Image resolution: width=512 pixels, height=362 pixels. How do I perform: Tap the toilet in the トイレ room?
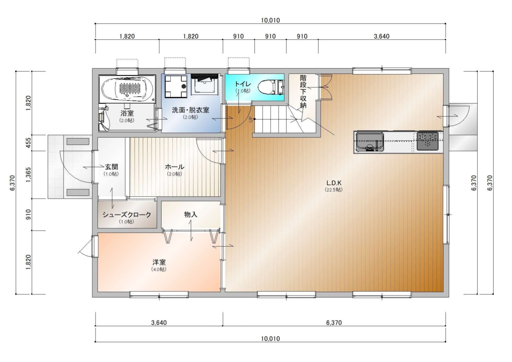click(x=271, y=87)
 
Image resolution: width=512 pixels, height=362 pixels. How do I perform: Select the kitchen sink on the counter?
click(x=370, y=142)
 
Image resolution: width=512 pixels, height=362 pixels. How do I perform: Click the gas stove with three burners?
click(x=428, y=141)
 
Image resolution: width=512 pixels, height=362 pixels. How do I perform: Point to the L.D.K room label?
click(x=334, y=183)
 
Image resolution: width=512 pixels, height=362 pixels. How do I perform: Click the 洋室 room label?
click(x=159, y=262)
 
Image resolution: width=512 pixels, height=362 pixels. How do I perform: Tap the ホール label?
click(x=174, y=167)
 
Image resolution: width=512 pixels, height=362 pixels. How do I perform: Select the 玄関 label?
click(x=111, y=167)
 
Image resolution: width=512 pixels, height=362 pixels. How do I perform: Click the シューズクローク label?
click(x=127, y=215)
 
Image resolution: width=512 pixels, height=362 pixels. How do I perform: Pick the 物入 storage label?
click(x=191, y=214)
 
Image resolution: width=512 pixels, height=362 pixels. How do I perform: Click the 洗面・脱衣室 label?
click(x=191, y=110)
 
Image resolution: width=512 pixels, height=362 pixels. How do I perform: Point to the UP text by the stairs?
click(x=251, y=119)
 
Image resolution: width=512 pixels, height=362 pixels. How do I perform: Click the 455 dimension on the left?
click(x=28, y=143)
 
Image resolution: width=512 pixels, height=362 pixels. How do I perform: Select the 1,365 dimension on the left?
click(x=28, y=175)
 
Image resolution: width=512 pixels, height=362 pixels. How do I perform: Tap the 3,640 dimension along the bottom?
click(x=159, y=322)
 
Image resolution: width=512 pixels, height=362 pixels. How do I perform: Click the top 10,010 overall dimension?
click(x=270, y=20)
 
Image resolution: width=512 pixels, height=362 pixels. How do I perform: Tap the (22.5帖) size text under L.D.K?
click(x=334, y=190)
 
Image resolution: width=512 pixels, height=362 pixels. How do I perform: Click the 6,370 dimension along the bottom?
click(x=334, y=322)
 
